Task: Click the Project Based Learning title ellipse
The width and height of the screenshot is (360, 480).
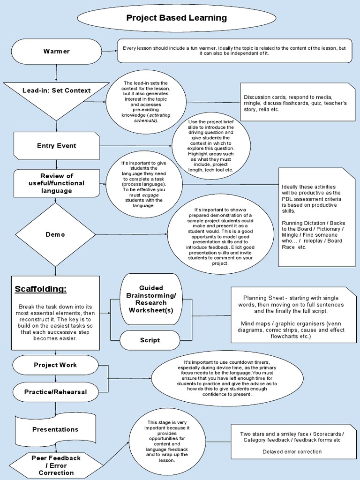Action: click(176, 18)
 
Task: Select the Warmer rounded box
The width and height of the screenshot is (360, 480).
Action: click(56, 51)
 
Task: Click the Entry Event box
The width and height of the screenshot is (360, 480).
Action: click(56, 146)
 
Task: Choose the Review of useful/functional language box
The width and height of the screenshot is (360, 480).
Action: click(56, 183)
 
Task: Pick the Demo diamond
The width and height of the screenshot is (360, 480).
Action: click(55, 234)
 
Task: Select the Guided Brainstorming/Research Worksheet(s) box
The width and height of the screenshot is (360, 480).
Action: click(151, 299)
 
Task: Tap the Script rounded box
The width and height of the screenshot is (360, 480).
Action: click(150, 340)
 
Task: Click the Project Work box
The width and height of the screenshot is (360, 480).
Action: click(55, 365)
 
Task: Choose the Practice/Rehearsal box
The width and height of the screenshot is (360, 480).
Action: click(55, 392)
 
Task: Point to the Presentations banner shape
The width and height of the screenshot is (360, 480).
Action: click(55, 429)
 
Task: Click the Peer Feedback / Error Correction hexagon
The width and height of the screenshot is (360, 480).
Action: click(55, 465)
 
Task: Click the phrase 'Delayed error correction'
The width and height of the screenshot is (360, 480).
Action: click(292, 452)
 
